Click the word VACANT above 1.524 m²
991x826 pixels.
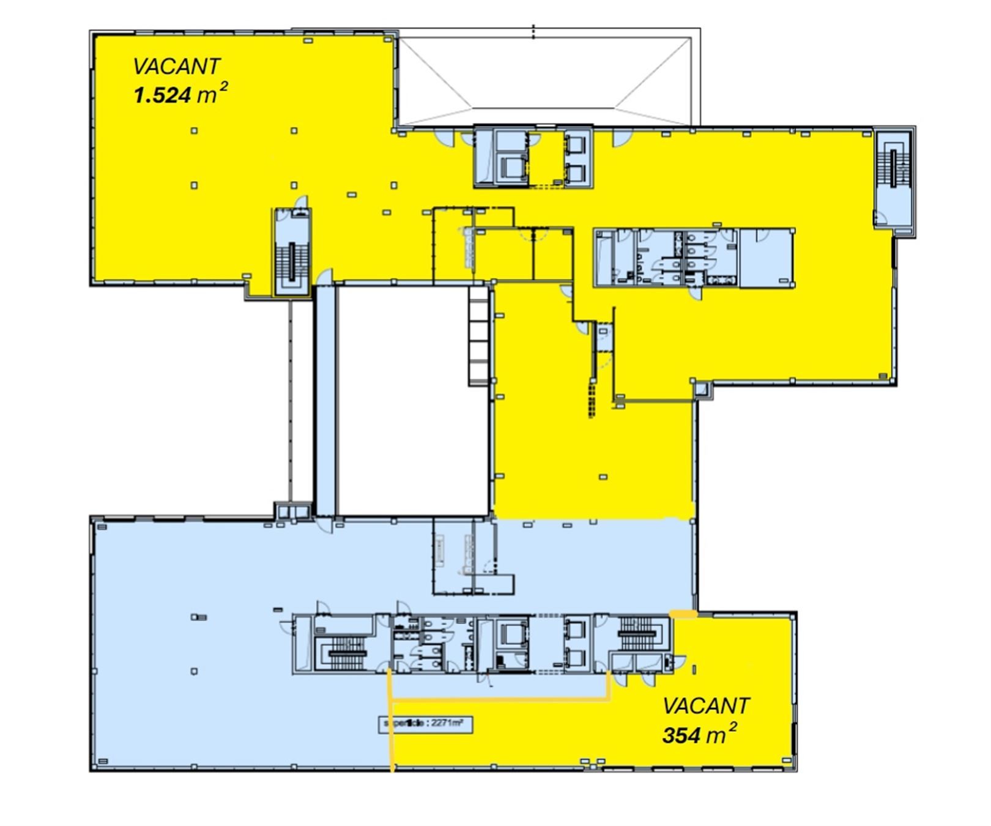pos(176,66)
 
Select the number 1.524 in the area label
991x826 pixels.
pos(161,95)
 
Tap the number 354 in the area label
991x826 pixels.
pos(680,735)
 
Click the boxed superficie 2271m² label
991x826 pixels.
pos(426,724)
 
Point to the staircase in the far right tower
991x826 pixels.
pos(894,168)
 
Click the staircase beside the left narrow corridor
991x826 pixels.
pos(292,261)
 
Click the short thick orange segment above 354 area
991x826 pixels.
pos(683,613)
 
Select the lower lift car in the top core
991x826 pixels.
pos(511,166)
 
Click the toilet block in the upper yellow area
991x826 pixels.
pos(667,258)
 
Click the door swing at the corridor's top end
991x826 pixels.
pos(325,277)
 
